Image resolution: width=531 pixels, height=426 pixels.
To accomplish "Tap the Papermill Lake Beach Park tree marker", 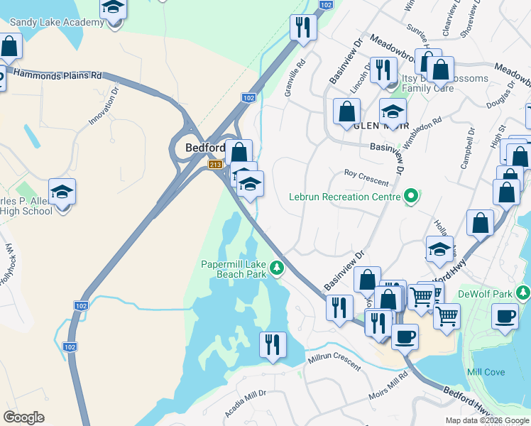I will tap(278, 268).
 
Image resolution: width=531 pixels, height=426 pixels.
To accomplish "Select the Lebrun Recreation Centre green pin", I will tap(411, 197).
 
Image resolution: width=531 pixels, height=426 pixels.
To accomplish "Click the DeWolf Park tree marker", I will tap(523, 293).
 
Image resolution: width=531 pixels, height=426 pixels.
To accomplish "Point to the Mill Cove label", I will tap(486, 372).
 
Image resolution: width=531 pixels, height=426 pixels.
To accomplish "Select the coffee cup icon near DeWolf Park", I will tap(504, 317).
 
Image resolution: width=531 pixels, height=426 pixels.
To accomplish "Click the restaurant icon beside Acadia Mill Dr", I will tap(273, 345).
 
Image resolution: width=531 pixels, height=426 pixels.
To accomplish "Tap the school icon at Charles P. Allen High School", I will tap(62, 192).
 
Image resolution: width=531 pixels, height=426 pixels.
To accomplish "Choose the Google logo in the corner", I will tap(23, 417).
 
